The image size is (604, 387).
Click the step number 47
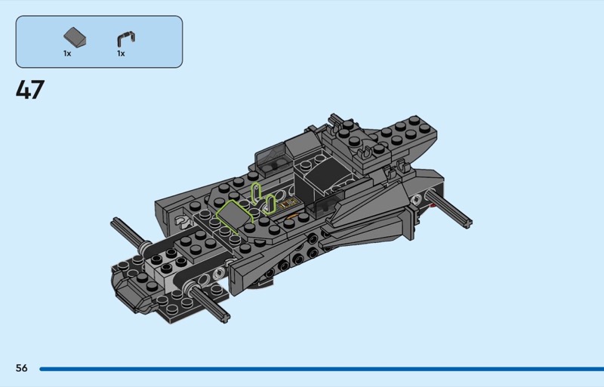30,90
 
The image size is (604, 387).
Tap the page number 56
22,368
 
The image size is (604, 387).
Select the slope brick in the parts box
75,38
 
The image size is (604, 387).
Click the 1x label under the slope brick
67,54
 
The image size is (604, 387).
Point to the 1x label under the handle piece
121,54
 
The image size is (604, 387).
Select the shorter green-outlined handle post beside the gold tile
270,204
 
